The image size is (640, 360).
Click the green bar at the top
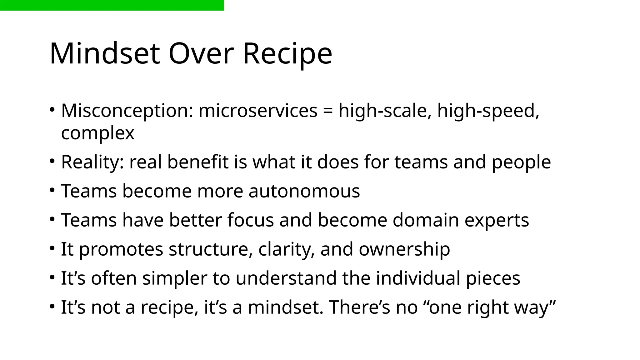click(x=112, y=5)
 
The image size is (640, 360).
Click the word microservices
click(x=258, y=111)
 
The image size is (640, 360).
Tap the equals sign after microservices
click(x=328, y=111)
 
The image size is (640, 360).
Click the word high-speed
click(x=488, y=111)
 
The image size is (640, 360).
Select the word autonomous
click(x=304, y=191)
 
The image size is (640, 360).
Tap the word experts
click(x=497, y=220)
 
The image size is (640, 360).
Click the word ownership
click(x=404, y=249)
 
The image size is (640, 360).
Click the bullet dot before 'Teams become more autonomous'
click(x=52, y=190)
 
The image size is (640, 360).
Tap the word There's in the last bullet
click(x=359, y=307)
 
